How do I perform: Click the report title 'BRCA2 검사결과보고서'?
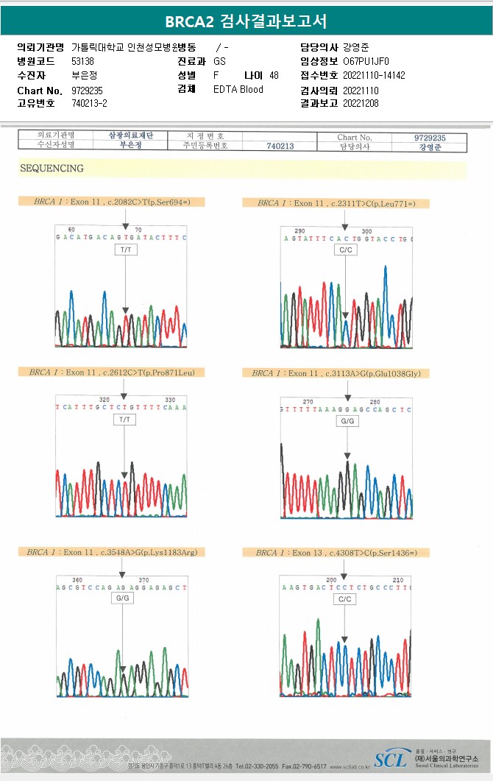tap(246, 21)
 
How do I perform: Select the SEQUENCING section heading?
tap(52, 169)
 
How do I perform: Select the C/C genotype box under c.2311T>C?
tap(345, 250)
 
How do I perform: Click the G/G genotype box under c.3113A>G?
tap(347, 421)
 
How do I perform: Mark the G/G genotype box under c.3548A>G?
tap(122, 599)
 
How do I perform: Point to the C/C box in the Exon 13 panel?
tap(345, 599)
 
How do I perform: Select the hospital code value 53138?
tap(83, 61)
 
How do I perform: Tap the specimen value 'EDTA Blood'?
tap(238, 90)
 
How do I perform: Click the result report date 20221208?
tap(361, 104)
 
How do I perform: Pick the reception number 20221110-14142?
tap(374, 75)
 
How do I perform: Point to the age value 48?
tap(274, 75)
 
